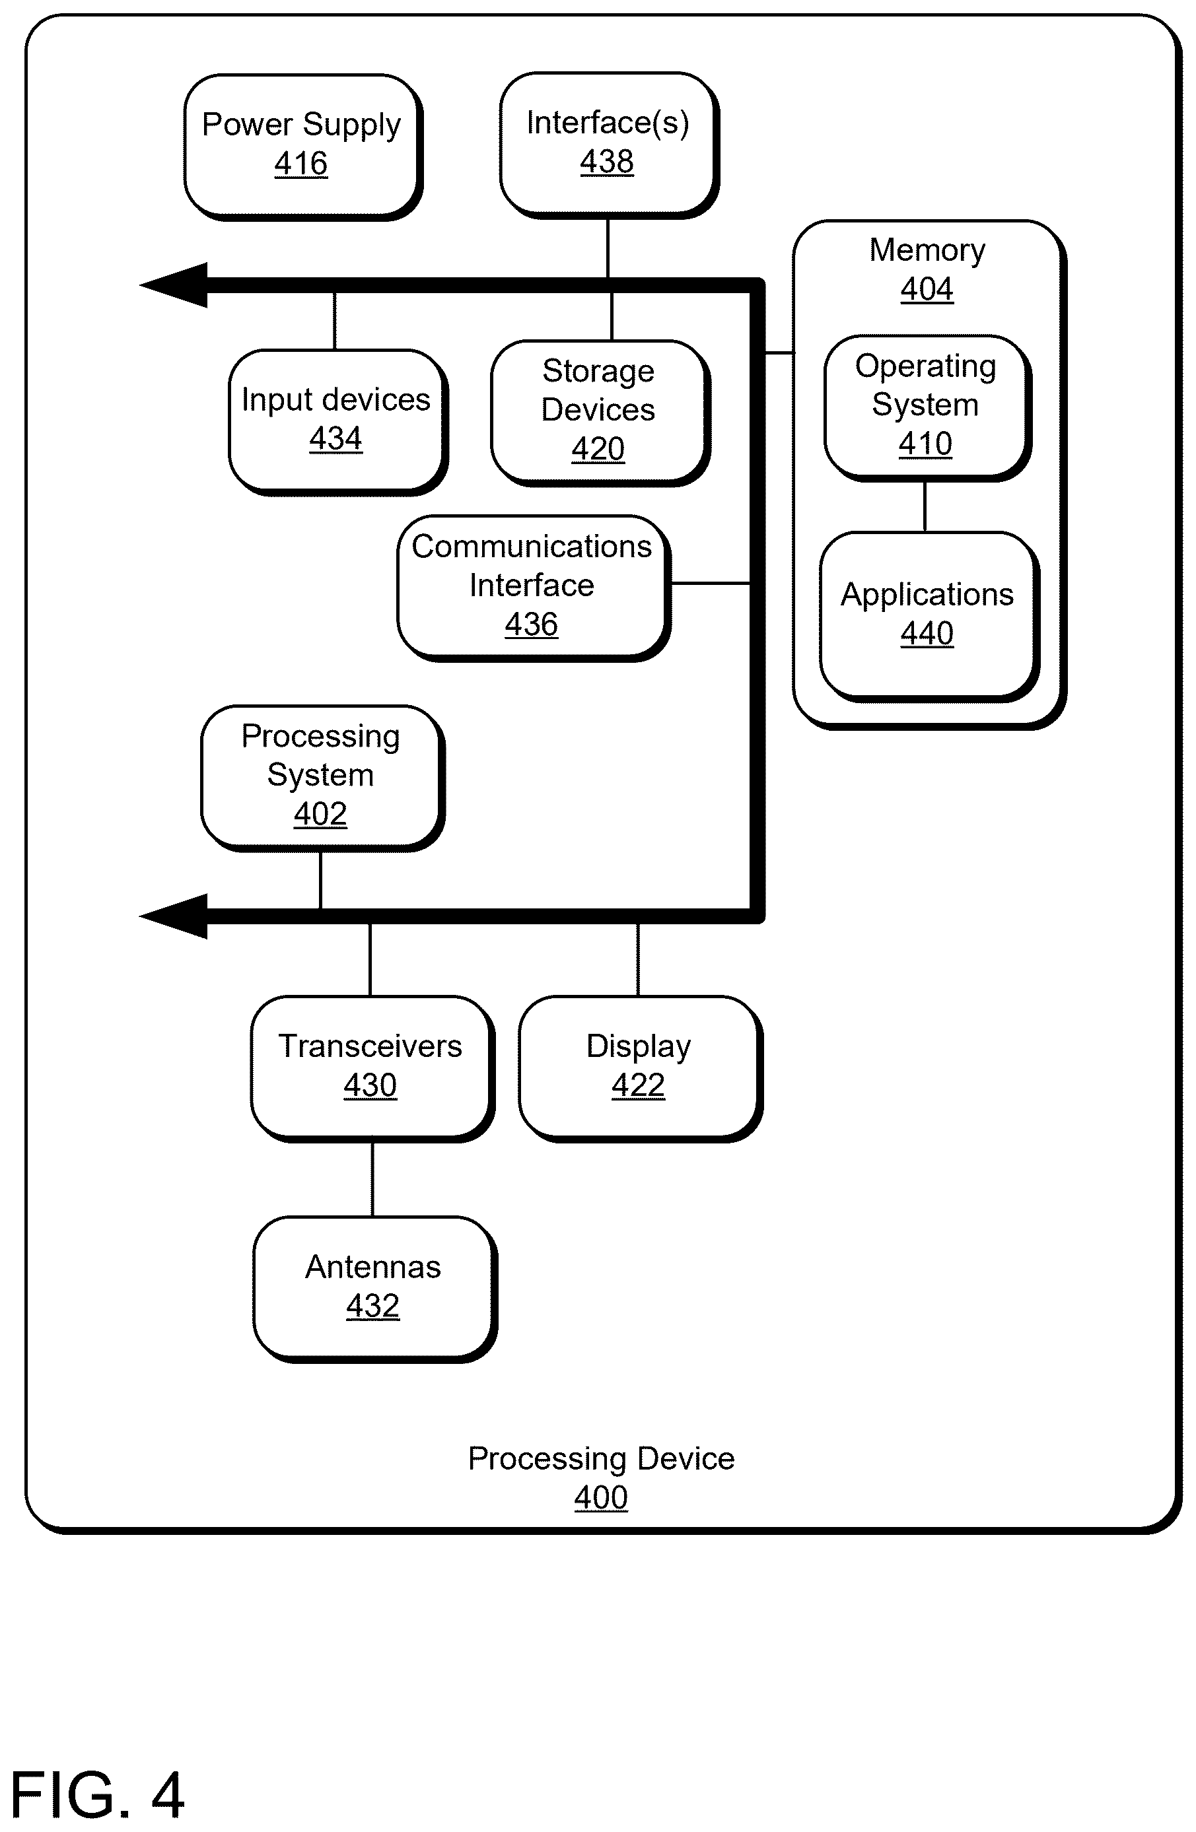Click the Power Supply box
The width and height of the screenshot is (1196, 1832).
302,147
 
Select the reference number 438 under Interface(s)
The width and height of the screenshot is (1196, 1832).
607,162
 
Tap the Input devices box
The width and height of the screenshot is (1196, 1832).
337,422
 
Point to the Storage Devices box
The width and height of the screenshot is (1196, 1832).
600,413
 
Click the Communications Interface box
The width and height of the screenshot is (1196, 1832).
534,588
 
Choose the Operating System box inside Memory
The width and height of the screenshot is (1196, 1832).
927,407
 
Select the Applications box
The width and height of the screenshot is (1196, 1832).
929,616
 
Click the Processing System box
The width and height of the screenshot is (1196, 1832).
322,778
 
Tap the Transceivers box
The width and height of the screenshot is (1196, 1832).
372,1068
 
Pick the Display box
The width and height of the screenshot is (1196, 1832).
640,1068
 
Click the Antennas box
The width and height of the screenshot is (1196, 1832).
374,1289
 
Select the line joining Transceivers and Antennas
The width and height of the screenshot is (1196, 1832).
372,1179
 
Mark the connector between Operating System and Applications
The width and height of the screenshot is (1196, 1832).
925,506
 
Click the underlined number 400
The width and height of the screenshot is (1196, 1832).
601,1498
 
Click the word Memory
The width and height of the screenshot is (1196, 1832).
927,251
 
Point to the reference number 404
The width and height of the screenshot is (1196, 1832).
927,289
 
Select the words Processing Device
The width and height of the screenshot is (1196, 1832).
602,1460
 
